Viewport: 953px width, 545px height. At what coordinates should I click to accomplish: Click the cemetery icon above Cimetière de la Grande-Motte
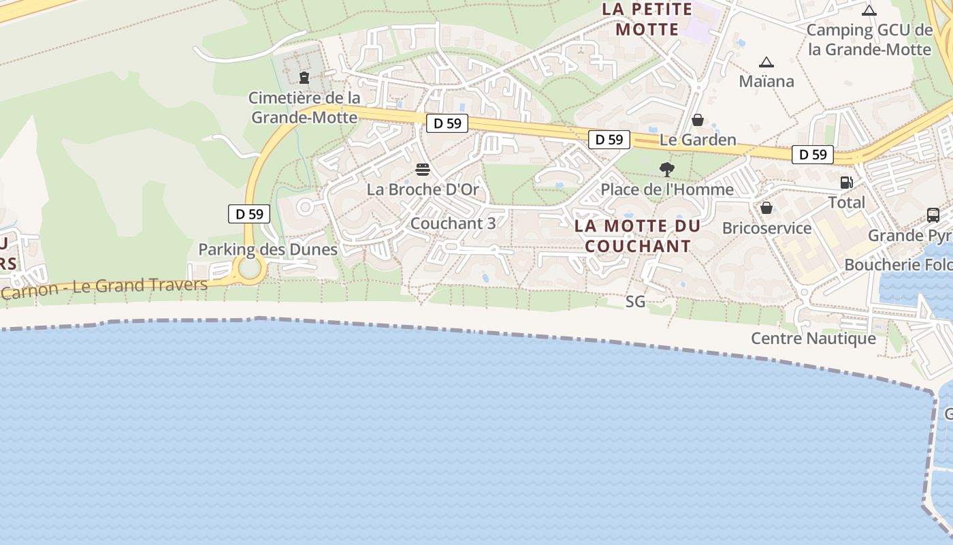(304, 78)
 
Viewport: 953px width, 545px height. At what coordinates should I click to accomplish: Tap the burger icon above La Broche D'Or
(423, 169)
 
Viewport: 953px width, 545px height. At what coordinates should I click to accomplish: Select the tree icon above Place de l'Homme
(667, 169)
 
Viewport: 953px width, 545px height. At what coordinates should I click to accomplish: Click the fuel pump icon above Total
(847, 182)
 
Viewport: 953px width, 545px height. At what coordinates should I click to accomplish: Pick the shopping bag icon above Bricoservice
(766, 208)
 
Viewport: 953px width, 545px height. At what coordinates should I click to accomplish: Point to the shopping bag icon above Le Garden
(698, 120)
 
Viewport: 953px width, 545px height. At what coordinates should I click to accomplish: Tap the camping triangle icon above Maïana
(766, 62)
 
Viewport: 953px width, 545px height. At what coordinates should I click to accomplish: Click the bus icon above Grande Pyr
(933, 215)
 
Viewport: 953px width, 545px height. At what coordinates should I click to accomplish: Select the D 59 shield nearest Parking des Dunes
(249, 214)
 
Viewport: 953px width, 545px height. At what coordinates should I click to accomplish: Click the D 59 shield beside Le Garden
(609, 140)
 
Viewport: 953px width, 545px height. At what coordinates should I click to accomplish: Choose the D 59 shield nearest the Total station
(813, 155)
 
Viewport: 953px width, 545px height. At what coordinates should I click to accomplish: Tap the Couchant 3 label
(453, 223)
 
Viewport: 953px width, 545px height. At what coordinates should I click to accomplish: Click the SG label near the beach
(635, 301)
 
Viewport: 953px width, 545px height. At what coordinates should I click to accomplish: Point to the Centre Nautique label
(813, 339)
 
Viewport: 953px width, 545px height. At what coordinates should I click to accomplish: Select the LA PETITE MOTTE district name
(647, 19)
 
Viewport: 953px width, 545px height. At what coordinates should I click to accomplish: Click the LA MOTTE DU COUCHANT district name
(638, 236)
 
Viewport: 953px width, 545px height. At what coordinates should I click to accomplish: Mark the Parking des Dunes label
(268, 249)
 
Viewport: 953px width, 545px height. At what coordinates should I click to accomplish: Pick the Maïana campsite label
(766, 82)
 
